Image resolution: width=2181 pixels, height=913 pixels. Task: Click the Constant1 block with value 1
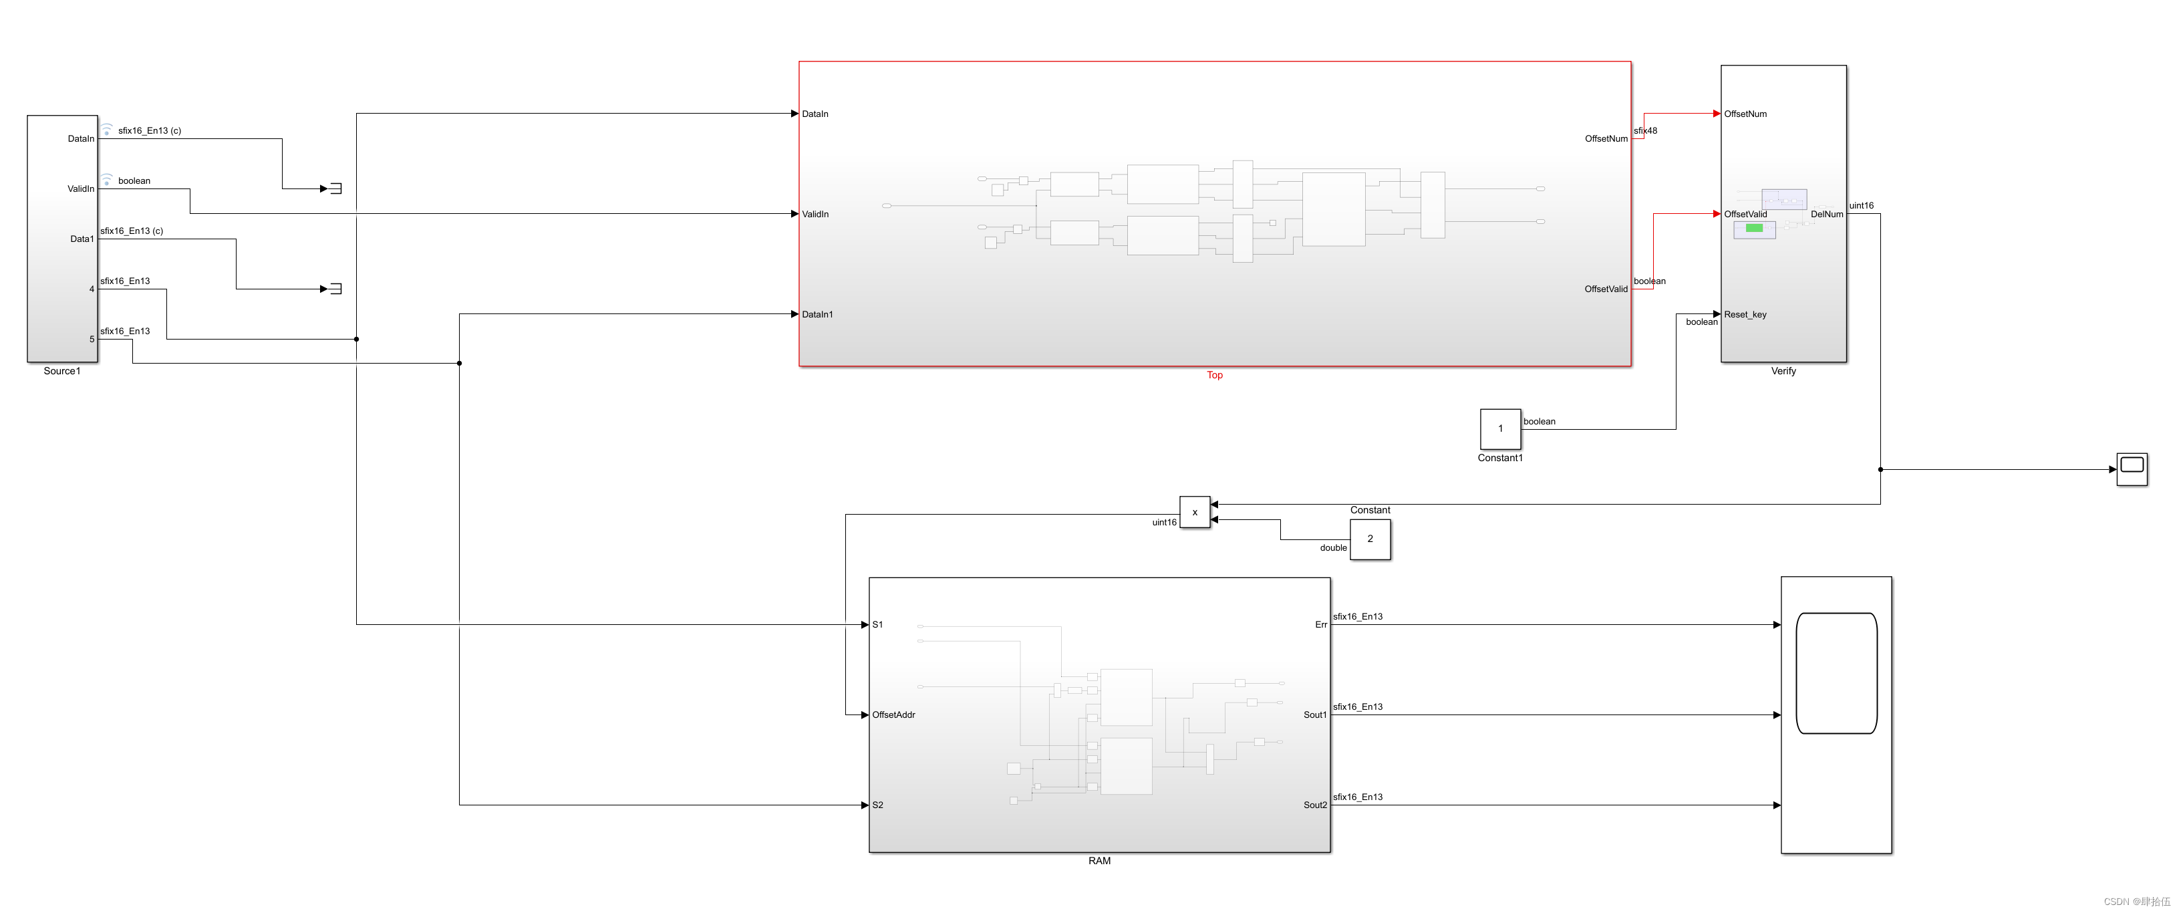tap(1499, 428)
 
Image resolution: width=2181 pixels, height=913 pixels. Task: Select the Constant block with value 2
tap(1369, 539)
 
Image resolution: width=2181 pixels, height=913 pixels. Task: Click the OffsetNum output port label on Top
tap(1605, 139)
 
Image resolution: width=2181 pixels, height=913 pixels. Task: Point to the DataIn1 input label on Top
tap(817, 314)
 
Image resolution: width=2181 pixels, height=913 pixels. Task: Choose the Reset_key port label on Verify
tap(1745, 314)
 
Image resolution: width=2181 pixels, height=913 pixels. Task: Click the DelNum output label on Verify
tap(1826, 215)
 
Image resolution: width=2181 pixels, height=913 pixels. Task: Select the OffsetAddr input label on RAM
tap(893, 714)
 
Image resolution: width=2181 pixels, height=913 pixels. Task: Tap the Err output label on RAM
tap(1320, 625)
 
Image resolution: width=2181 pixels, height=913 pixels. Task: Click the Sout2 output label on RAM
tap(1315, 805)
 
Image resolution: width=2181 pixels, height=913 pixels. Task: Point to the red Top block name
tap(1214, 375)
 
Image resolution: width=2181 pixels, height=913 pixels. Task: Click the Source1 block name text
tap(61, 371)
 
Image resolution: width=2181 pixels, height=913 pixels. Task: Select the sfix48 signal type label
tap(1645, 130)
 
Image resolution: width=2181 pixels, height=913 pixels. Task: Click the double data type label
tap(1332, 548)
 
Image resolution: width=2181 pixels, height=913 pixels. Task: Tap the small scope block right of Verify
tap(2131, 469)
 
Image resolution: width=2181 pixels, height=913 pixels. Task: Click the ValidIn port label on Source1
tap(80, 189)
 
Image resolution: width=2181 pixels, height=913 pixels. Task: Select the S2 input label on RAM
tap(878, 805)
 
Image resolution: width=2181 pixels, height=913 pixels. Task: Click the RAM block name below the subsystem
tap(1099, 860)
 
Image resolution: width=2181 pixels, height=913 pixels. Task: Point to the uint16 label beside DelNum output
tap(1861, 206)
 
